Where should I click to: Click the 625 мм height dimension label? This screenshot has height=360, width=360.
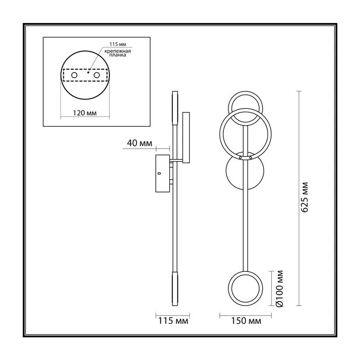305,197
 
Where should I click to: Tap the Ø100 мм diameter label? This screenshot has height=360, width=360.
279,288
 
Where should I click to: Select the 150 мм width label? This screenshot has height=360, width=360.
246,321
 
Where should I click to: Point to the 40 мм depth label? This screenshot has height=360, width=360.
139,143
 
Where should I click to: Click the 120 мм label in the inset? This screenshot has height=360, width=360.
85,113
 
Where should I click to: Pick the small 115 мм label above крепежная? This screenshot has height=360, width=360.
117,44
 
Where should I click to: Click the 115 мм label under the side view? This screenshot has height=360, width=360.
173,321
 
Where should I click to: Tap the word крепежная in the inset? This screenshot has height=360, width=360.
117,51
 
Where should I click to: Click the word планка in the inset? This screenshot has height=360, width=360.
117,55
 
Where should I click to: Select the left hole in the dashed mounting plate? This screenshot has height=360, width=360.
74,75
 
